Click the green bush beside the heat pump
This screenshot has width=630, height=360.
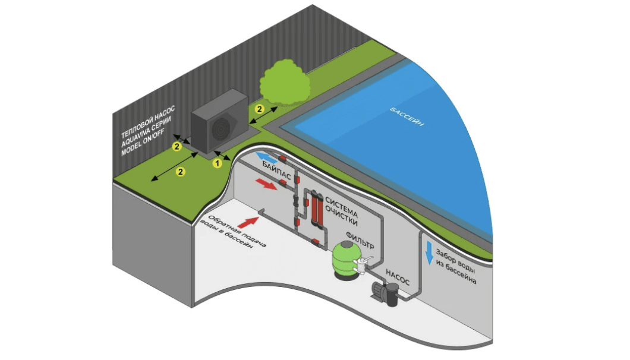(x=283, y=84)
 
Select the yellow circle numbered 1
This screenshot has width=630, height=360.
(x=218, y=162)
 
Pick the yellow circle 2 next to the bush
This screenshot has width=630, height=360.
(x=259, y=109)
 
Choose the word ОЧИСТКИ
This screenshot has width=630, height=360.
(x=342, y=217)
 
